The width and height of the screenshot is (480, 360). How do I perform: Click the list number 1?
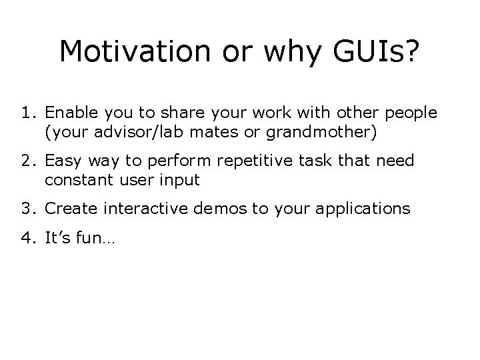27,113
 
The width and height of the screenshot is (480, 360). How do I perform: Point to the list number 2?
27,161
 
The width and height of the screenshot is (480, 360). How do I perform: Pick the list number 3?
27,209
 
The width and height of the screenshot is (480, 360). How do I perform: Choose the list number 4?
27,238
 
